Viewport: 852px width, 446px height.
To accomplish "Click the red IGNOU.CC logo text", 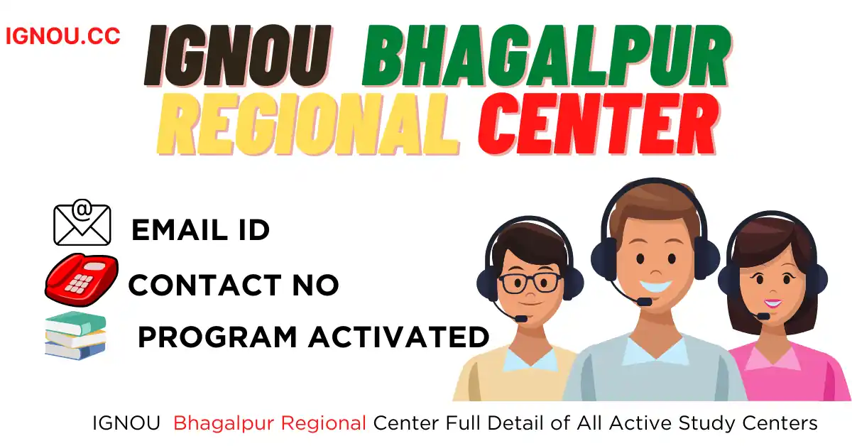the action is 63,36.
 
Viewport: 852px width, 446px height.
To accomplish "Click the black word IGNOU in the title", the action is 238,55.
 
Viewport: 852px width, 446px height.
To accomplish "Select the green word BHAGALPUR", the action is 547,55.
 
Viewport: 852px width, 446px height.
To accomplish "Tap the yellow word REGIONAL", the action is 308,124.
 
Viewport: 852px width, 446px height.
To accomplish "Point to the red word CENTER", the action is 599,124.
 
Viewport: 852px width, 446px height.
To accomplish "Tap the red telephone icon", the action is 82,280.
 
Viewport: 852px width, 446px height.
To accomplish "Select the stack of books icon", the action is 75,336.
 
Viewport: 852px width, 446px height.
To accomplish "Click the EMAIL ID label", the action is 200,230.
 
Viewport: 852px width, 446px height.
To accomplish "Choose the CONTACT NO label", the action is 234,285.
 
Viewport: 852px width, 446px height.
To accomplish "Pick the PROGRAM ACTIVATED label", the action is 313,337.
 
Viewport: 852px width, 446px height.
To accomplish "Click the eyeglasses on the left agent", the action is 530,283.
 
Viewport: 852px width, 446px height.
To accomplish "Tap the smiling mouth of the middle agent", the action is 656,285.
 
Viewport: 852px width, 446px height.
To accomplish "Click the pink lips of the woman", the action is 773,304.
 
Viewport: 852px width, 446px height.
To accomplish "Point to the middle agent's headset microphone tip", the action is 645,302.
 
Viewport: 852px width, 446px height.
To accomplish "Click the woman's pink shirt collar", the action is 772,358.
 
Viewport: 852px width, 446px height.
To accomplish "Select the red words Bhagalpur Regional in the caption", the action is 270,423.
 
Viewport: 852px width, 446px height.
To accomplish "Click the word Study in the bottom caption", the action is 706,423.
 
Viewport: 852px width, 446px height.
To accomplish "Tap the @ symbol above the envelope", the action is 82,209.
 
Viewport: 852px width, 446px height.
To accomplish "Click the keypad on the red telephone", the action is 79,283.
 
